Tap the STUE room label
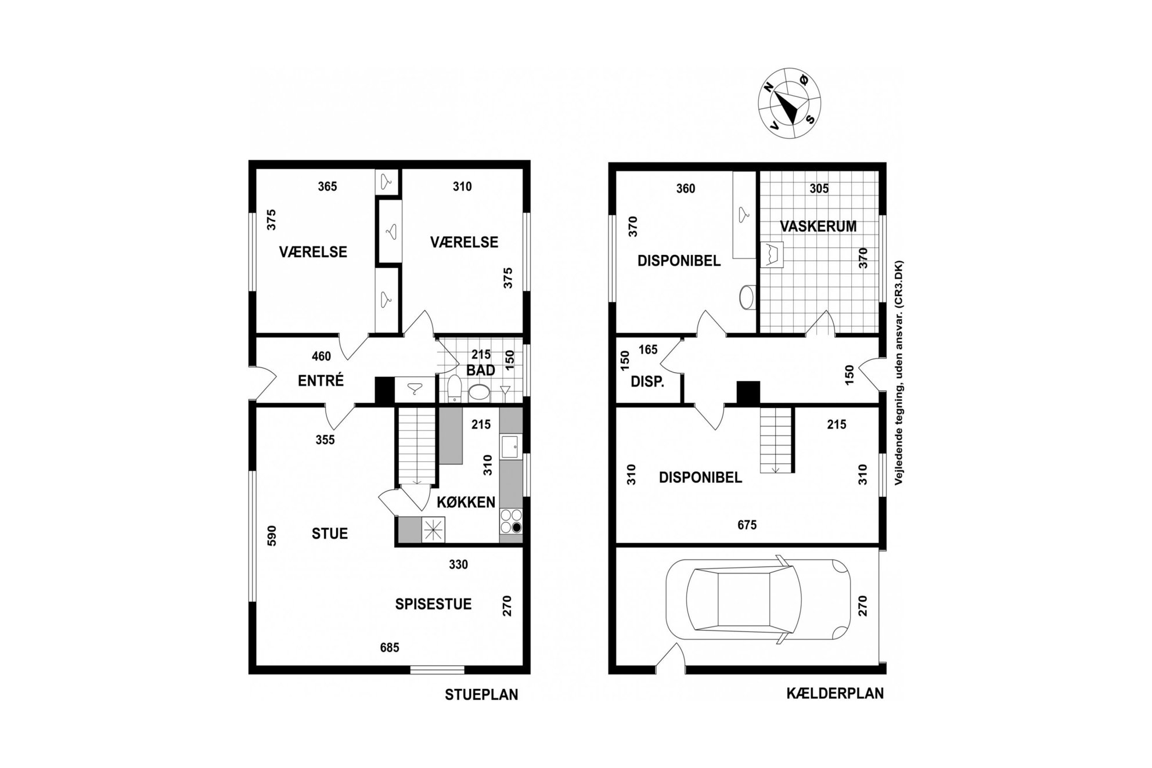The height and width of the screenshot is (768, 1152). point(329,533)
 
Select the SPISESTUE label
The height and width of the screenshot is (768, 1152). point(433,604)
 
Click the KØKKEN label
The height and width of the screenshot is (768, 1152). point(466,502)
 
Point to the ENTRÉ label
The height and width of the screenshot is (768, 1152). point(321,381)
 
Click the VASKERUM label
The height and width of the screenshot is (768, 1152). point(818,226)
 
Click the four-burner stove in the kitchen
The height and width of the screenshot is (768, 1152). point(510,521)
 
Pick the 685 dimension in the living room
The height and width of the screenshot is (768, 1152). point(390,648)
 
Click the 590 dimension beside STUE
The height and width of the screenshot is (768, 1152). point(271,536)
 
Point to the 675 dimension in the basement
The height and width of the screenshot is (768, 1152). point(747,525)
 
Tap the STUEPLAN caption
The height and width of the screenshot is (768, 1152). point(481,695)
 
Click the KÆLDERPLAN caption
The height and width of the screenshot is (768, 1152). point(835,693)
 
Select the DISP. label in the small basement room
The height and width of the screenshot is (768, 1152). point(647,382)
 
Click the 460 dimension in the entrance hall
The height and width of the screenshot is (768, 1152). point(321,356)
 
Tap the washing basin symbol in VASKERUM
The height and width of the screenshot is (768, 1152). point(772,254)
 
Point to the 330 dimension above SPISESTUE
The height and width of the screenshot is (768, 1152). point(458,565)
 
